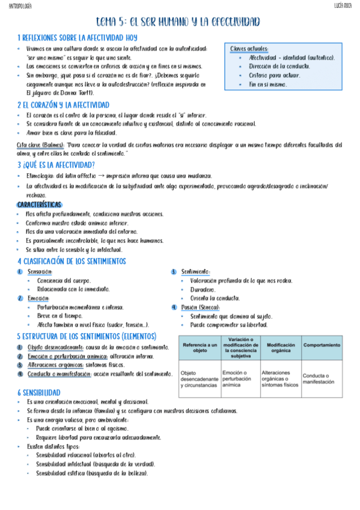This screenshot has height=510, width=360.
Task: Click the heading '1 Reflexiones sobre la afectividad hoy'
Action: pos(78,37)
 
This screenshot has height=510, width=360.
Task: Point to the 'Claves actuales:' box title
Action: pos(249,49)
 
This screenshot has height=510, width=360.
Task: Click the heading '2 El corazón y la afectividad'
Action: pos(63,105)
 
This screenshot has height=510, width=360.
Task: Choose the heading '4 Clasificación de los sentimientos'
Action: pos(72,262)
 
